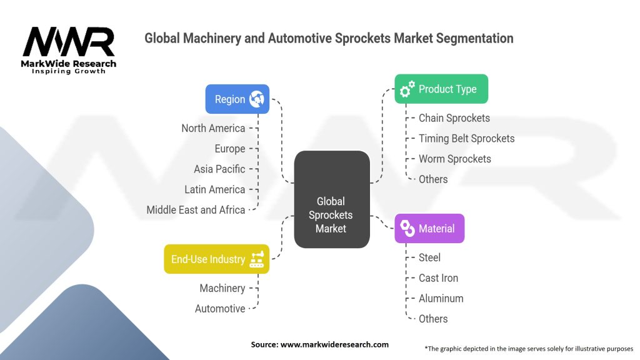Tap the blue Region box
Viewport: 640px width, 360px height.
point(237,99)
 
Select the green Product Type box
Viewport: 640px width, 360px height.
point(441,89)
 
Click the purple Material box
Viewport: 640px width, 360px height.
point(429,228)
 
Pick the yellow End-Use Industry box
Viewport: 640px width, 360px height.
point(216,259)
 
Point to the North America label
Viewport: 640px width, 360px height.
point(213,128)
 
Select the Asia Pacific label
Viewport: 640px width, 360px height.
point(219,169)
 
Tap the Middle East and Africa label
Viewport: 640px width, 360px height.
point(196,210)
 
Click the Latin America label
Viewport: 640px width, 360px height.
point(214,189)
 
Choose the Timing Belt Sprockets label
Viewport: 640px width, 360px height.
point(466,138)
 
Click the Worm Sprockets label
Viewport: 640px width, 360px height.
point(454,159)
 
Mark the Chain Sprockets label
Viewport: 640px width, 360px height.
point(454,118)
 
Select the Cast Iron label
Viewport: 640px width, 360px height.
point(438,277)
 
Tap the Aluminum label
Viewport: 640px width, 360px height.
point(441,298)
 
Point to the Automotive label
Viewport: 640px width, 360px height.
point(220,309)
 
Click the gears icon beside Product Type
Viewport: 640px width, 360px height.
point(407,89)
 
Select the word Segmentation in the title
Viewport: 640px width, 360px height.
point(472,38)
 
